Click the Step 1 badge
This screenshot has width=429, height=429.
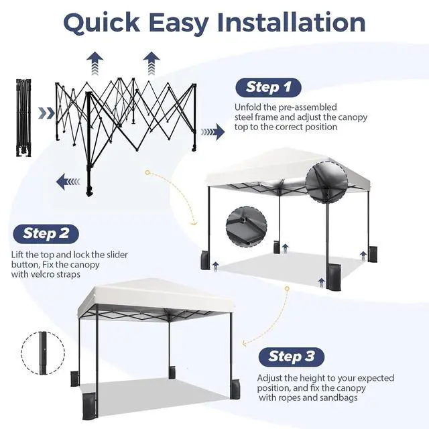pyautogui.click(x=268, y=88)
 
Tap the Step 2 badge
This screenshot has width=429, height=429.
pyautogui.click(x=46, y=234)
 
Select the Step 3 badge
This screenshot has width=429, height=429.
pyautogui.click(x=292, y=357)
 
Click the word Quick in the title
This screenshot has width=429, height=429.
pyautogui.click(x=101, y=23)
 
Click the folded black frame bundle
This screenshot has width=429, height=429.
pyautogui.click(x=23, y=118)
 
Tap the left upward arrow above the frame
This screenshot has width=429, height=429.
pyautogui.click(x=95, y=63)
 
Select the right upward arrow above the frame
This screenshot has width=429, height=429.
pyautogui.click(x=151, y=63)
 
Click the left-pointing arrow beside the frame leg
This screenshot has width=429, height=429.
pyautogui.click(x=68, y=182)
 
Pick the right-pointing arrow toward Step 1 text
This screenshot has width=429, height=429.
pyautogui.click(x=213, y=131)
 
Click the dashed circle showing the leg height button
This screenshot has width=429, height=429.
pyautogui.click(x=43, y=353)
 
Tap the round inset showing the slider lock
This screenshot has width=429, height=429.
pyautogui.click(x=246, y=227)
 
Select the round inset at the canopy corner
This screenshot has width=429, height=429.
pyautogui.click(x=326, y=182)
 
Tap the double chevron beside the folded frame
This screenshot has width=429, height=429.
pyautogui.click(x=46, y=113)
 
